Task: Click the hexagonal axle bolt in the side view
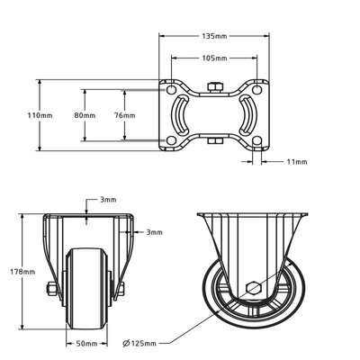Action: pyautogui.click(x=254, y=289)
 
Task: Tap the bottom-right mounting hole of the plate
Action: pyautogui.click(x=258, y=141)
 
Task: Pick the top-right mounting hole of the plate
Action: pyautogui.click(x=258, y=89)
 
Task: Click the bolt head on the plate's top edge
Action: pyautogui.click(x=215, y=86)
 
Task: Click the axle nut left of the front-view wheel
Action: pyautogui.click(x=50, y=289)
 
